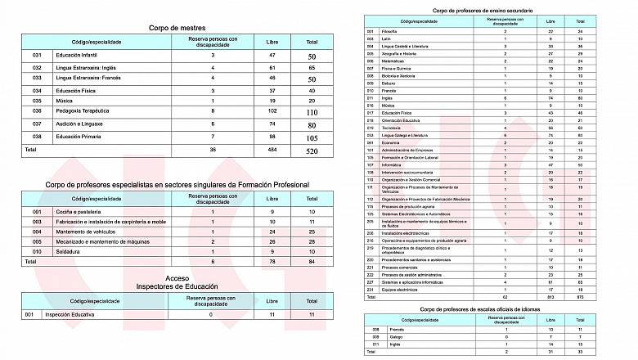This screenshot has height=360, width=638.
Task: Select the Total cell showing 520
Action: [x=312, y=151]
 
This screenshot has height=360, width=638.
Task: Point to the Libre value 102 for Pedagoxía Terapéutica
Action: [x=272, y=110]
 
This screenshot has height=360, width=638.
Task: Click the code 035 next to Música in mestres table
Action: [x=37, y=98]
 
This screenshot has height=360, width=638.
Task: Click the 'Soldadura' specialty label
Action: [x=69, y=251]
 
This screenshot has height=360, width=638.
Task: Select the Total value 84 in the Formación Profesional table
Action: [x=312, y=262]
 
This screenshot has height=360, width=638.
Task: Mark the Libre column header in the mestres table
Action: [x=272, y=41]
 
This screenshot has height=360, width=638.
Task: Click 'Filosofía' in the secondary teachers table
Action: [x=390, y=31]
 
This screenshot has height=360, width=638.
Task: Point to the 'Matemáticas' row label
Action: [x=393, y=61]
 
